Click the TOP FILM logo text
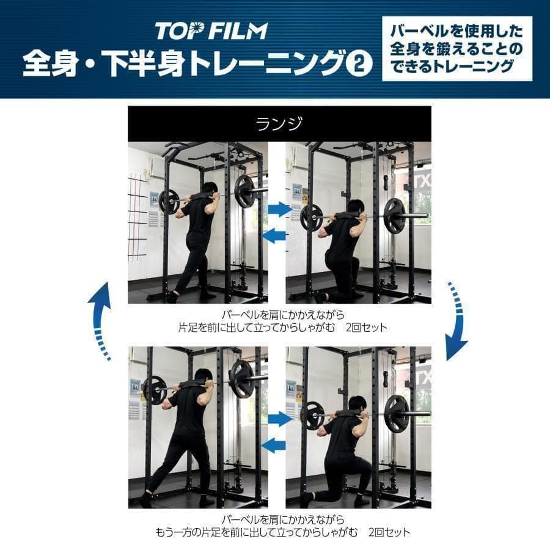[x=211, y=31]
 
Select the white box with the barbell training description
[x=457, y=49]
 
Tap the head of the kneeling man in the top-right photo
[x=356, y=208]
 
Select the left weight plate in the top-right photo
[x=312, y=217]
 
